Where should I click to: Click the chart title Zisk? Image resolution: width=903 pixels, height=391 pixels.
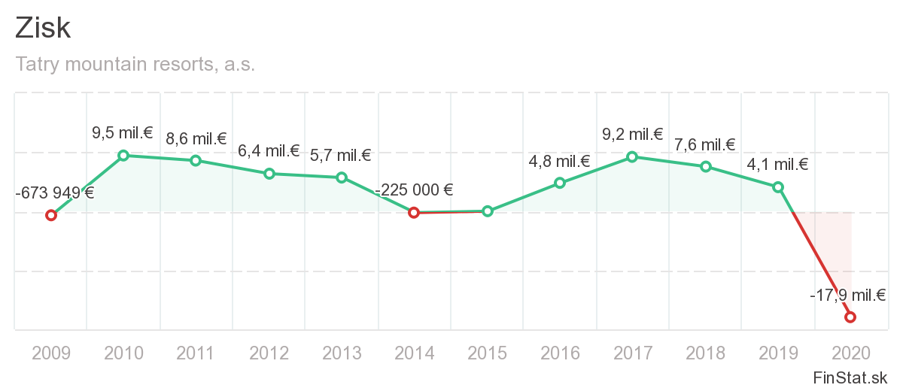[x=43, y=29]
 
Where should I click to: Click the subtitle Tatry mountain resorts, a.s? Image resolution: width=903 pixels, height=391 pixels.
[x=135, y=65]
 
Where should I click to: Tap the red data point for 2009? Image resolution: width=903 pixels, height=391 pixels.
[x=51, y=215]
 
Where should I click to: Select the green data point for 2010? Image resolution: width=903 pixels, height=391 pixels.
[x=123, y=156]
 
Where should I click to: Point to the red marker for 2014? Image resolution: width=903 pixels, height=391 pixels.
[x=413, y=213]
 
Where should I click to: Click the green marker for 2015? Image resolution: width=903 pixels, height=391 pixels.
[x=487, y=211]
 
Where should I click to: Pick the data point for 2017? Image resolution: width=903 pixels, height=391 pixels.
[x=632, y=157]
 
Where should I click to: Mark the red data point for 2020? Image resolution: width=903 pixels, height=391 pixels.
[x=850, y=317]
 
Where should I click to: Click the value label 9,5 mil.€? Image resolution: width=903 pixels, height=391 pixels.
[x=123, y=134]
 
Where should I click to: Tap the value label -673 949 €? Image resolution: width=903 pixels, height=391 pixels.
[x=55, y=192]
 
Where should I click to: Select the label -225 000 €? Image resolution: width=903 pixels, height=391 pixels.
[x=414, y=190]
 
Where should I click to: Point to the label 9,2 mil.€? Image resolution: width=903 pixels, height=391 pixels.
[x=632, y=135]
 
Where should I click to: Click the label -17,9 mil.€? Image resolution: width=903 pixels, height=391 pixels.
[x=847, y=296]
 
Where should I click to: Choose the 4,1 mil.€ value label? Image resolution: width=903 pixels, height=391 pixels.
[x=777, y=165]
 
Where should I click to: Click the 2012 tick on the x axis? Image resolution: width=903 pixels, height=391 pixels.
[x=269, y=353]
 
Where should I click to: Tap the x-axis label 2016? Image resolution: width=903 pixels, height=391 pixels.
[x=560, y=353]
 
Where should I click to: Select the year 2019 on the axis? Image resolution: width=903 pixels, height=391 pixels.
[x=777, y=353]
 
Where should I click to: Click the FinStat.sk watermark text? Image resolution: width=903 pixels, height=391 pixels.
[x=850, y=377]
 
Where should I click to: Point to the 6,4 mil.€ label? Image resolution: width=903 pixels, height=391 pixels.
[x=269, y=152]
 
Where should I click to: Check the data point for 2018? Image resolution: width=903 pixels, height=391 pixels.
[x=705, y=166]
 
